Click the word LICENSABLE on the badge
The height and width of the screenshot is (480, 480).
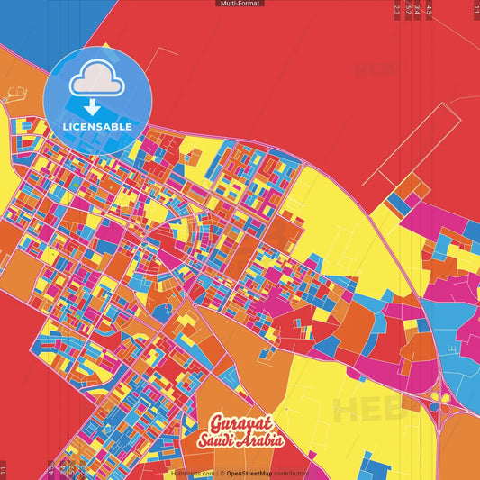tap(98, 126)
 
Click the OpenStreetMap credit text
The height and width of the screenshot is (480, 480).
tap(254, 473)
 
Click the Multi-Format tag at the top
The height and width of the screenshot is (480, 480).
tap(240, 4)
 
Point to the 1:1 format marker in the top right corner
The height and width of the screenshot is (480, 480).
tap(476, 9)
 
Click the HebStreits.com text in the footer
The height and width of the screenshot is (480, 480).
tap(193, 473)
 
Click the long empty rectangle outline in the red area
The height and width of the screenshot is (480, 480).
tap(423, 144)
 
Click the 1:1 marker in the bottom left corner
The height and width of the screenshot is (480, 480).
tap(4, 470)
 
